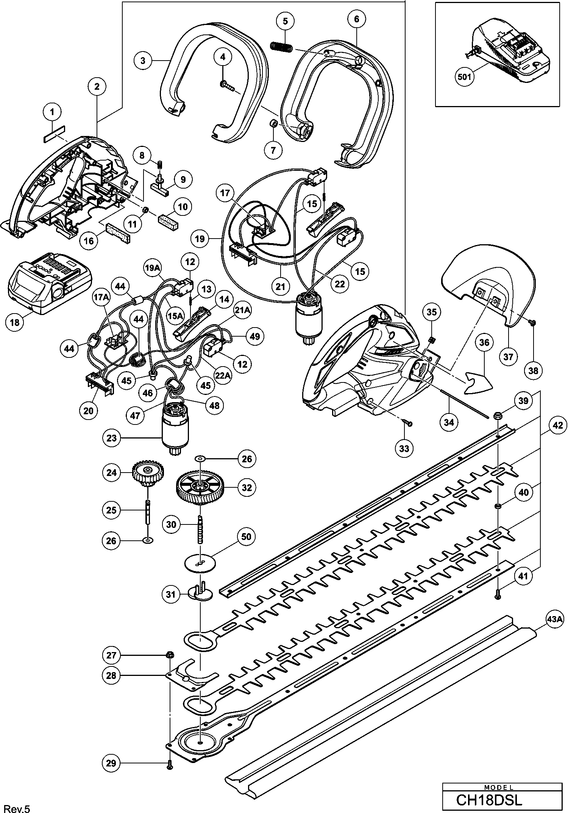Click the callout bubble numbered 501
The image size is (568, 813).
[x=465, y=77]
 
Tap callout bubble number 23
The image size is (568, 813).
[x=112, y=438]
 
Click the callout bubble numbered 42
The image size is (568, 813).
[x=557, y=425]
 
